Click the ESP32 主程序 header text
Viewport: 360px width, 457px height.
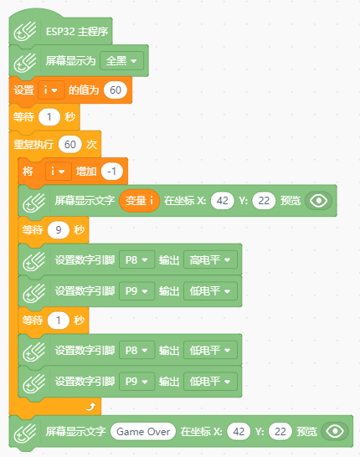77,32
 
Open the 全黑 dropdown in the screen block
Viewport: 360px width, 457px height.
122,61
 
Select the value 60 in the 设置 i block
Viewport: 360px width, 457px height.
116,90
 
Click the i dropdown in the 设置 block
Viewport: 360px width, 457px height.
51,90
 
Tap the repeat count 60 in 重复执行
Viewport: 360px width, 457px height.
70,144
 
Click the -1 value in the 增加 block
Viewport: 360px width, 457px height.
111,172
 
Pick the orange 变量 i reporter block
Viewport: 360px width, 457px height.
139,201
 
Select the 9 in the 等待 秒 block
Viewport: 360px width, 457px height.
59,230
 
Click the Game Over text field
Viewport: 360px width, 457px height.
143,431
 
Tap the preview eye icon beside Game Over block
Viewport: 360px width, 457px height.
335,431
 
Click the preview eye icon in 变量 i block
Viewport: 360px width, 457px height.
319,201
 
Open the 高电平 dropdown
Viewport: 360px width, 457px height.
210,259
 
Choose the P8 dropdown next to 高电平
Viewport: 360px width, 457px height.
136,259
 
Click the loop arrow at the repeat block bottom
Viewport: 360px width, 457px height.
91,406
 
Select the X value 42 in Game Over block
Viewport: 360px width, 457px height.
239,431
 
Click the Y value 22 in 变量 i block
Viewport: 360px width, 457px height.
264,201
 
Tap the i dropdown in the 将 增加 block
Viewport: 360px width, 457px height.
58,172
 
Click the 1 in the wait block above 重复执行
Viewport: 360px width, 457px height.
49,117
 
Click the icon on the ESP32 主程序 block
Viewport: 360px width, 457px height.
25,32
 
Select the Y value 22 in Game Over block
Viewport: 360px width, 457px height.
280,431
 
